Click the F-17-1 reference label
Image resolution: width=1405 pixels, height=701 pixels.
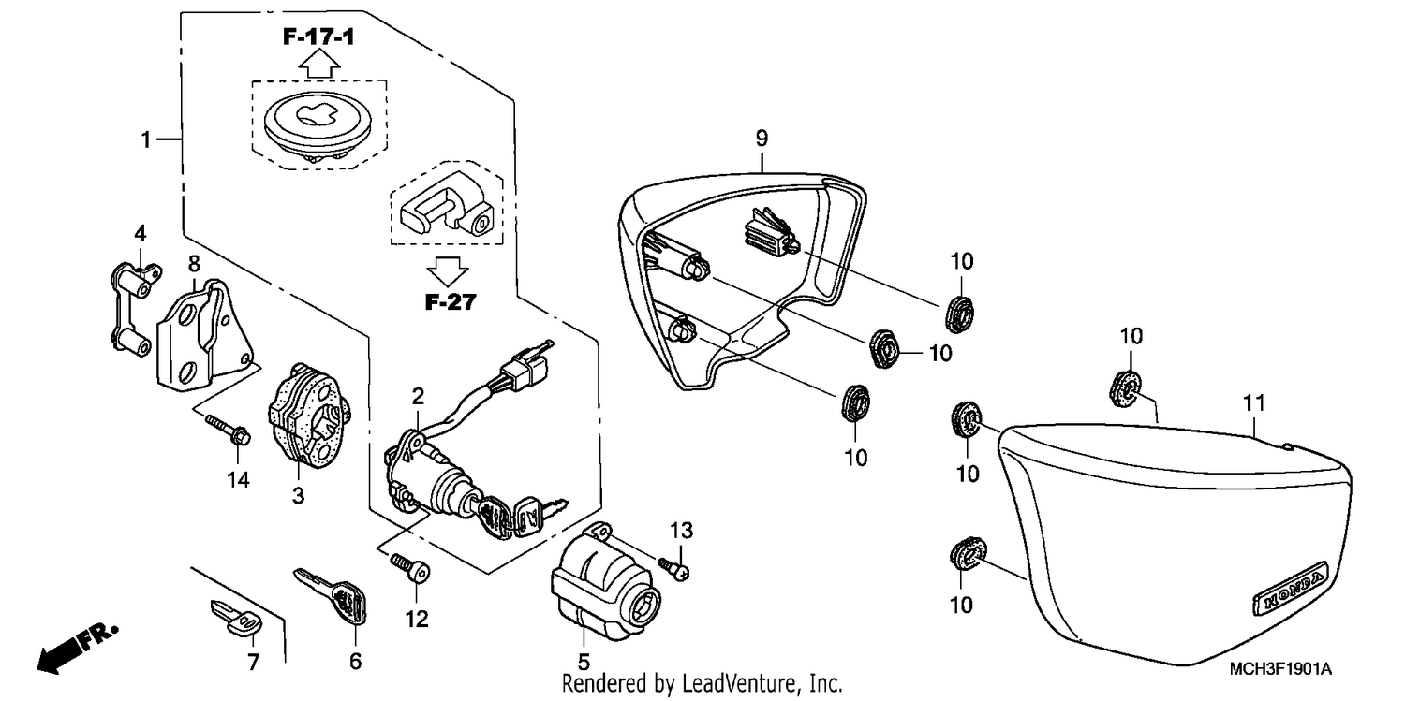(318, 37)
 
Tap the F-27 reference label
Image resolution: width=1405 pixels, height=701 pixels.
(451, 302)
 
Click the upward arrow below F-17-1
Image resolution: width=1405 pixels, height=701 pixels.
(318, 64)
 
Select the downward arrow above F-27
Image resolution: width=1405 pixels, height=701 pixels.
(447, 271)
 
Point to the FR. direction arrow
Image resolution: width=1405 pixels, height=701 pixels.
(77, 649)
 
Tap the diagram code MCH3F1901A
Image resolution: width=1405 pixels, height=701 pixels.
(1279, 669)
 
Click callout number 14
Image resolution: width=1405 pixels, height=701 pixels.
(238, 480)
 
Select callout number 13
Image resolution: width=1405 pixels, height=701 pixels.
(681, 531)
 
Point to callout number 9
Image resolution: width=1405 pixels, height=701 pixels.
(762, 138)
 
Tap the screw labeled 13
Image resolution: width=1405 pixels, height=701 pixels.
(674, 567)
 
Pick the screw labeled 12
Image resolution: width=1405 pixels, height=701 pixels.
(410, 567)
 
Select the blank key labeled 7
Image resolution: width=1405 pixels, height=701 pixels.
(237, 619)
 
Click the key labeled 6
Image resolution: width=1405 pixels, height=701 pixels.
(331, 595)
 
